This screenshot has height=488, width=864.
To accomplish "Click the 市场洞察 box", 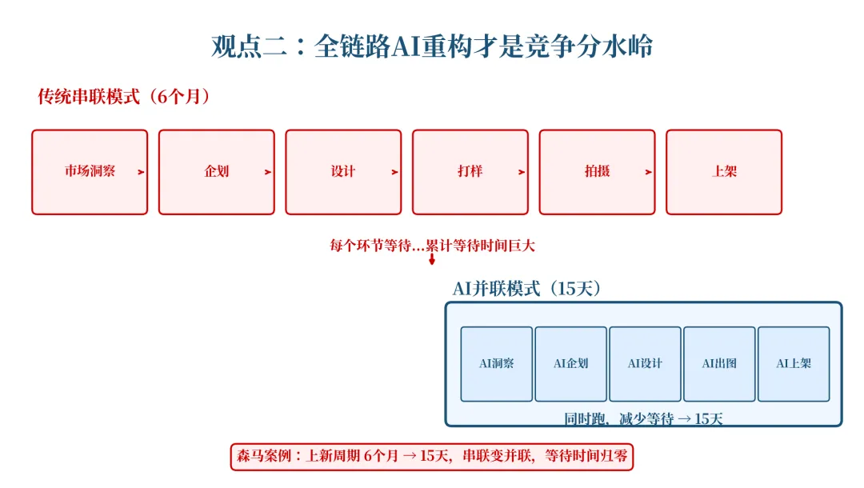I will (x=90, y=172).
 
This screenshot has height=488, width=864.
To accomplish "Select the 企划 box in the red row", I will (x=216, y=172).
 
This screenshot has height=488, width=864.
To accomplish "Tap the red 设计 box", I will (x=343, y=172).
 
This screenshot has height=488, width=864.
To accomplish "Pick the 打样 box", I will (x=470, y=172).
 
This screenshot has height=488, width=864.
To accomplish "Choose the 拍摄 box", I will (x=597, y=172).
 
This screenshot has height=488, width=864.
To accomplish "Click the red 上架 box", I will (x=724, y=172).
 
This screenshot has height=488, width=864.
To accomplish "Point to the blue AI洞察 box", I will (x=497, y=364).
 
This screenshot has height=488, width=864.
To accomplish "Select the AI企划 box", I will (x=571, y=364).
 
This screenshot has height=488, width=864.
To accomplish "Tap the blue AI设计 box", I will (x=646, y=364).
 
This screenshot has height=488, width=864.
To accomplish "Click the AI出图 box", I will (x=719, y=364).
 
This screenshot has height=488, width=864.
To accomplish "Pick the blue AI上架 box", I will (x=794, y=364).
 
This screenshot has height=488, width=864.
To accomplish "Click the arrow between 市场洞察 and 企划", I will (x=142, y=172).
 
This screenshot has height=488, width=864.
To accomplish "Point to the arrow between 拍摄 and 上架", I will (x=649, y=172).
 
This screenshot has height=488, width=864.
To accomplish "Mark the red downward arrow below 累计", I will (x=432, y=260).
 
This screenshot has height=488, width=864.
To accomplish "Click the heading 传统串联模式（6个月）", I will (x=124, y=97).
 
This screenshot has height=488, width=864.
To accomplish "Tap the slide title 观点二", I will (x=432, y=46).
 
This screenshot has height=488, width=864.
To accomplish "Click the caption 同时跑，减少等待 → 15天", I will (x=643, y=418).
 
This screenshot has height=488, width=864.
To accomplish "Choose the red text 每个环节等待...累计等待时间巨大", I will (x=432, y=246).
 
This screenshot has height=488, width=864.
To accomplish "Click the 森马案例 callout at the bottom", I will (x=432, y=457).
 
